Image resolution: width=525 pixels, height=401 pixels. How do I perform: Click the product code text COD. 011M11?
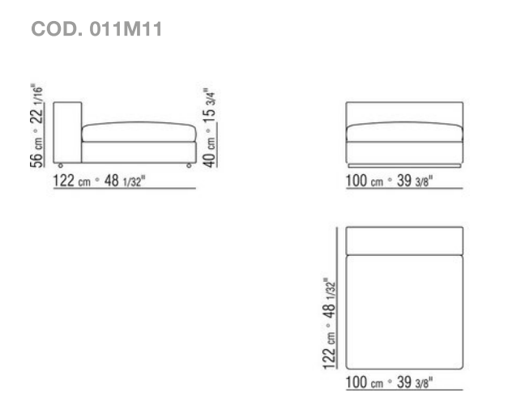(x=96, y=29)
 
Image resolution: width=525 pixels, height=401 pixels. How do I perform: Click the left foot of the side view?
(x=61, y=165)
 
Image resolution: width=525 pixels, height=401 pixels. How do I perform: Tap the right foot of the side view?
(x=189, y=165)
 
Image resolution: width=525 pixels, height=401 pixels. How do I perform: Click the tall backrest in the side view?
(x=67, y=132)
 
